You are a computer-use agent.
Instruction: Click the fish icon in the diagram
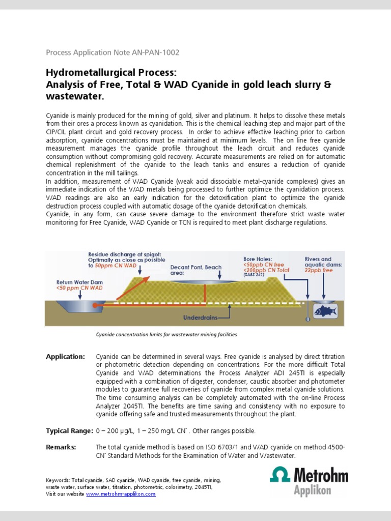point(324,310)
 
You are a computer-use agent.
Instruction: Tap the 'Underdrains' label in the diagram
point(200,317)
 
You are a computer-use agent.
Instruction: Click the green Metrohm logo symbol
point(280,477)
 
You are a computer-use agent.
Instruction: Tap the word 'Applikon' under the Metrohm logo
point(313,490)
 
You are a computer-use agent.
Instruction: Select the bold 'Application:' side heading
point(65,357)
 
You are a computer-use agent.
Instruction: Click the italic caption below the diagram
point(166,335)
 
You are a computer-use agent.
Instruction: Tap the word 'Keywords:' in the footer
point(58,480)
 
